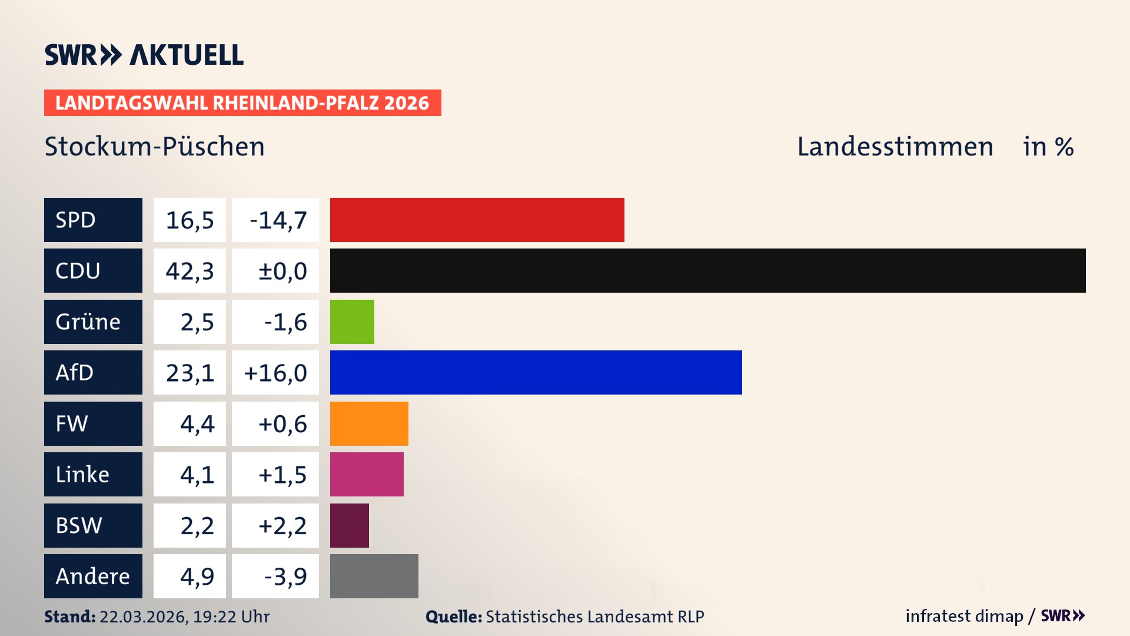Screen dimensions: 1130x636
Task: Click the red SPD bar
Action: click(x=477, y=220)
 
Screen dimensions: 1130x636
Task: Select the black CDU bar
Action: click(x=707, y=270)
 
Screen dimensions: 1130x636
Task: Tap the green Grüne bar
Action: click(x=352, y=322)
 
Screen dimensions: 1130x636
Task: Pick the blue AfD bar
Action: click(x=536, y=372)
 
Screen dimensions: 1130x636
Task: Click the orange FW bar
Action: click(x=369, y=423)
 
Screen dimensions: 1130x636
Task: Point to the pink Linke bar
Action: click(x=367, y=474)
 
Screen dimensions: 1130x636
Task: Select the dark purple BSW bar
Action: click(x=350, y=525)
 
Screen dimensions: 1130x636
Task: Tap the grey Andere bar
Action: click(x=374, y=576)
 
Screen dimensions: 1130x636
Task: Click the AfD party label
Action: click(x=93, y=372)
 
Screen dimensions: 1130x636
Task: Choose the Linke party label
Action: click(x=93, y=474)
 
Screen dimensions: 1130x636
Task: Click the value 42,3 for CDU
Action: click(x=190, y=271)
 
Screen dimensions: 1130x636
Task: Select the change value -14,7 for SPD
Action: click(x=275, y=220)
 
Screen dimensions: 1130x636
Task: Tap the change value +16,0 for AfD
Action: click(x=275, y=373)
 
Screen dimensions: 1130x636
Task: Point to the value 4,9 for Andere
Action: click(x=190, y=577)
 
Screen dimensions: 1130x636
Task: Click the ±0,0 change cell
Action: click(x=275, y=271)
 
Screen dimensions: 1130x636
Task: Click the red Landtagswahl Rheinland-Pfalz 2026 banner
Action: click(x=242, y=102)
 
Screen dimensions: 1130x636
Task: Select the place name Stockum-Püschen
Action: click(x=155, y=147)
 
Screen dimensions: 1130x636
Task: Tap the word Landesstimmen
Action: click(x=895, y=147)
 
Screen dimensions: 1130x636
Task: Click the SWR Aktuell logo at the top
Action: click(x=144, y=55)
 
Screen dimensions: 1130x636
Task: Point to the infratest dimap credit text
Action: click(x=964, y=616)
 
